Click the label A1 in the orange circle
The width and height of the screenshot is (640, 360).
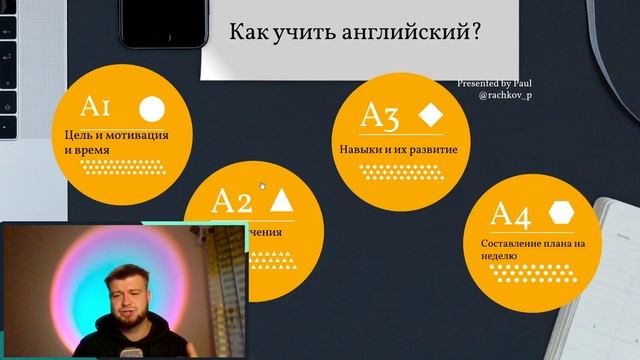tap(101, 108)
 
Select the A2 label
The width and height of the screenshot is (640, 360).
tap(232, 201)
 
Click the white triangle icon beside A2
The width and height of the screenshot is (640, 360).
tap(282, 200)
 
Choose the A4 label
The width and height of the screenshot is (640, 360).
tap(510, 214)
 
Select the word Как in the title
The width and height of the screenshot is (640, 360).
tap(247, 33)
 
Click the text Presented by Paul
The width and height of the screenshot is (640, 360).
tap(498, 85)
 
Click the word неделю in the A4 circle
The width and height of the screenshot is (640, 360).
tap(498, 256)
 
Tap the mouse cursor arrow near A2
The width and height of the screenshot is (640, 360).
tap(262, 185)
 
